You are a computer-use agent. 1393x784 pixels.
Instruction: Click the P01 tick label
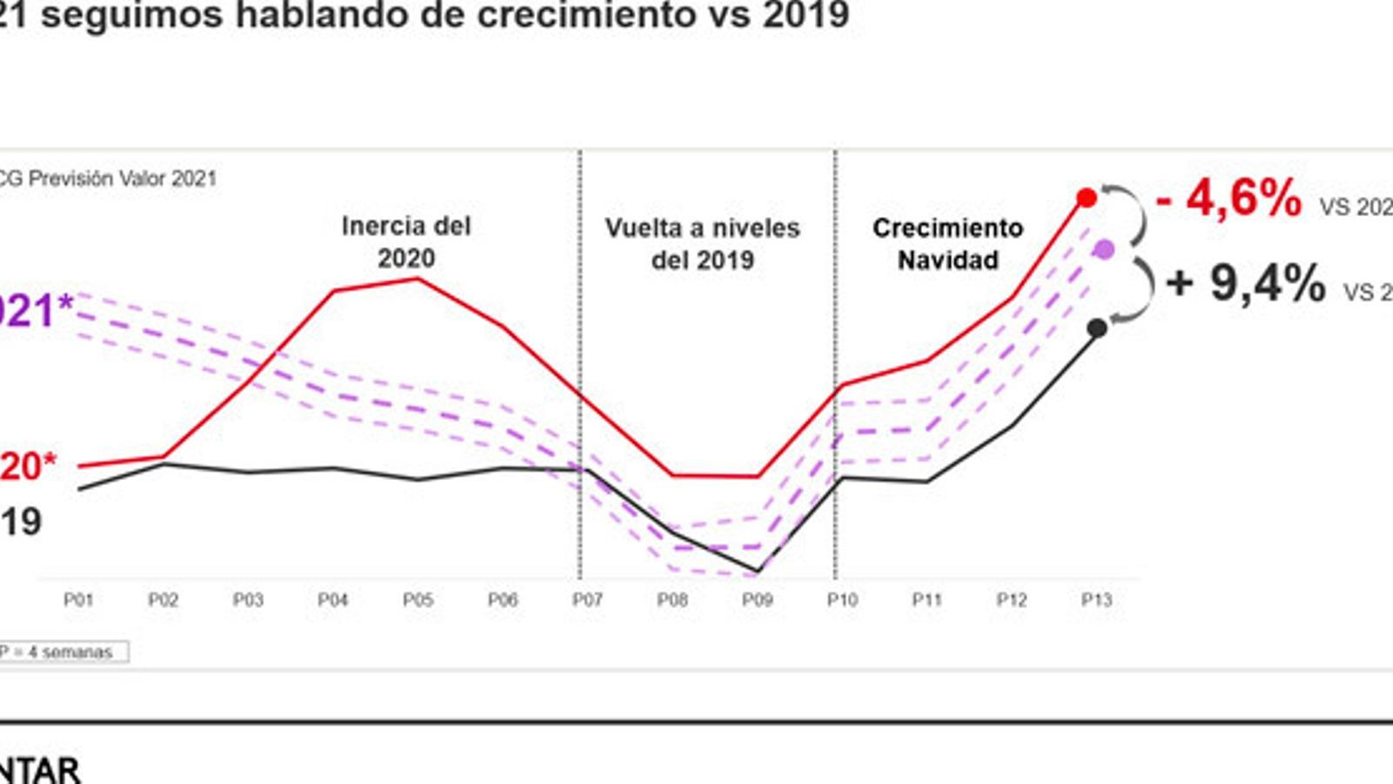[78, 600]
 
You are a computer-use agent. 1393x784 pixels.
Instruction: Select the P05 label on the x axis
[418, 600]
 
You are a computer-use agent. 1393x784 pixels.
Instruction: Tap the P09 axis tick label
[757, 600]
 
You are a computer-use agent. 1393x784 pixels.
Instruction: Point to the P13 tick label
[1096, 600]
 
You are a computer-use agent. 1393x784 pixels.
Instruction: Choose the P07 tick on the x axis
[588, 600]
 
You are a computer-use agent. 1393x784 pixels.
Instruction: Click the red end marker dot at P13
[1087, 199]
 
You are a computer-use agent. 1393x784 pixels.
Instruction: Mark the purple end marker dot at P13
[1104, 251]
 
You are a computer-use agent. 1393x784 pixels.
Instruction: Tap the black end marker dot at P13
[1098, 328]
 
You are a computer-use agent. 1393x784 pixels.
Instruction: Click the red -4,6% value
[1228, 199]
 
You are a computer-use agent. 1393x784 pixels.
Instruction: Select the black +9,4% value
[1246, 283]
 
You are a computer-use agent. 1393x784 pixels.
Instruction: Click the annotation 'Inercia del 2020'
[406, 242]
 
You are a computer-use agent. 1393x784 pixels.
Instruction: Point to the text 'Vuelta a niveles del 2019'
[702, 244]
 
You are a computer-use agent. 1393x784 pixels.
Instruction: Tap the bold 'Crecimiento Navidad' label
[947, 244]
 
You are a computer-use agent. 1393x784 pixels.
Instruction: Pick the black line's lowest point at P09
[757, 571]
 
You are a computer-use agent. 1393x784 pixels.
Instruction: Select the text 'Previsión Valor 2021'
[122, 179]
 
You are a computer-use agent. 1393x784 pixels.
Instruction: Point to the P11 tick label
[927, 600]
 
